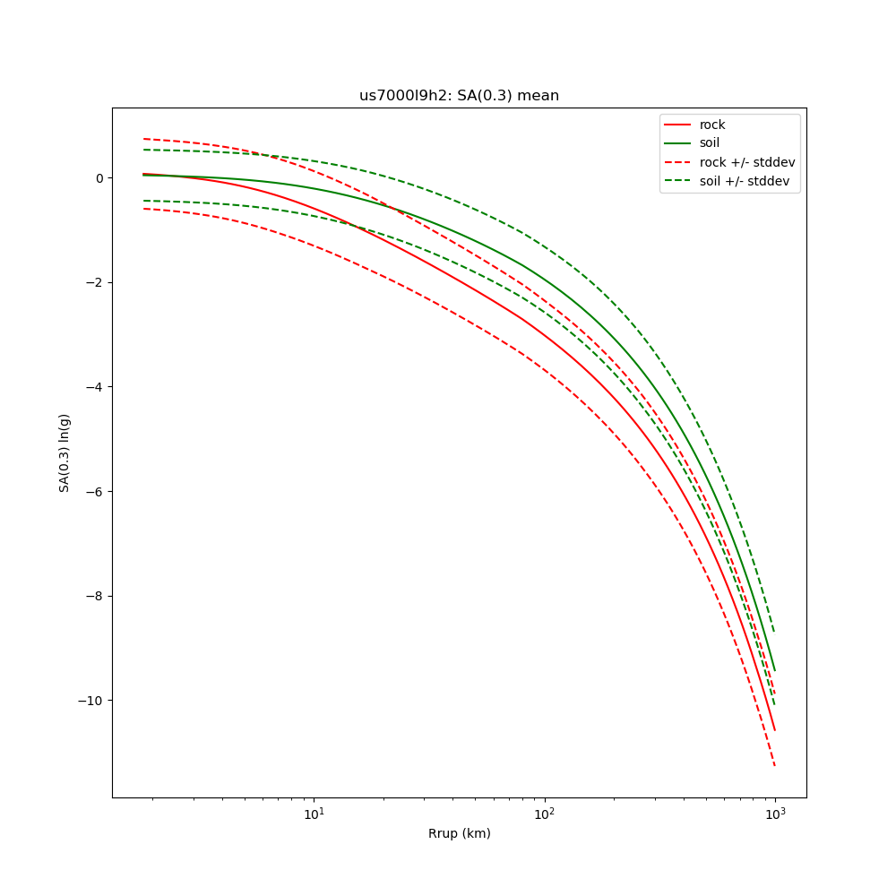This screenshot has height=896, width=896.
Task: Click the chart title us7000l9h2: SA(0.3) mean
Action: [x=459, y=96]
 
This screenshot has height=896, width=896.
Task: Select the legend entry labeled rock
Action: [x=712, y=125]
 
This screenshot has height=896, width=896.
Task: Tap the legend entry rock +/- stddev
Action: [x=747, y=162]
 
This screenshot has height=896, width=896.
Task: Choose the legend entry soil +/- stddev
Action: [x=747, y=181]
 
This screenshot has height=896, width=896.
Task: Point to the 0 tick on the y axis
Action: [x=99, y=177]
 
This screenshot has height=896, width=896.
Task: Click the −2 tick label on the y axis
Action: [x=95, y=282]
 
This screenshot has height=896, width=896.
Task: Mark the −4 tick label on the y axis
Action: [x=95, y=387]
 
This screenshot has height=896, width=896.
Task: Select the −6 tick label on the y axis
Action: [x=95, y=491]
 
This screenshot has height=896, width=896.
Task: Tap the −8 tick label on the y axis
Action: [x=95, y=596]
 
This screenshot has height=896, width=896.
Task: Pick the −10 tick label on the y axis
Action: [x=91, y=700]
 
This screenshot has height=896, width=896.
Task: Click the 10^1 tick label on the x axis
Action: [x=314, y=814]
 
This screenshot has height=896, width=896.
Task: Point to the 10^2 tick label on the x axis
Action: [x=544, y=814]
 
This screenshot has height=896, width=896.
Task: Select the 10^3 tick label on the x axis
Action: [x=775, y=814]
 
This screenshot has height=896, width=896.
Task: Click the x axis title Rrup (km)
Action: [x=459, y=833]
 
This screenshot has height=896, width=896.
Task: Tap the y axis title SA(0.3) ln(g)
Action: [x=65, y=452]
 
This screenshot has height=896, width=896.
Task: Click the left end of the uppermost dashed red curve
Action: [x=143, y=139]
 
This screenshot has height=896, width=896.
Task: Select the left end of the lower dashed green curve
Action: [x=143, y=201]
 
